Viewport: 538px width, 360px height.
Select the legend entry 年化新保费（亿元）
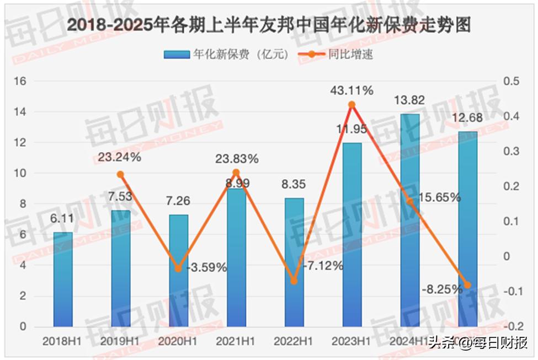click(226, 55)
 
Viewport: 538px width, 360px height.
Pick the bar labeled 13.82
click(410, 220)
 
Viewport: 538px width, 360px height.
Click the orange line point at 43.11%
click(351, 104)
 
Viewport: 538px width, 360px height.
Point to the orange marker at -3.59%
click(178, 268)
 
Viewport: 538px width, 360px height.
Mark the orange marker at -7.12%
click(294, 281)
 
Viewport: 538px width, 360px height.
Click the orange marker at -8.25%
click(467, 285)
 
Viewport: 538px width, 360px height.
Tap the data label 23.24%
click(120, 157)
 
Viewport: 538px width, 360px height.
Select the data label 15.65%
click(439, 197)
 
